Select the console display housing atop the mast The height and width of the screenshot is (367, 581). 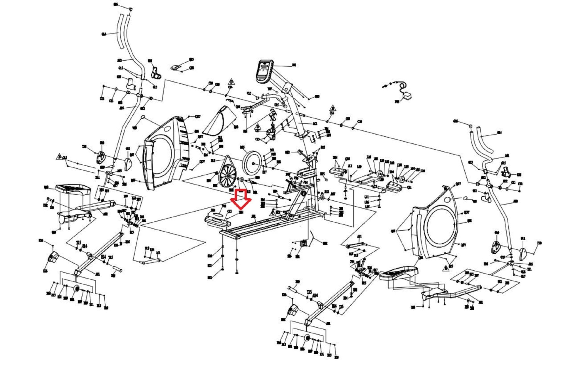pos(264,71)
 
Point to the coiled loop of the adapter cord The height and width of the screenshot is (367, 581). pos(403,86)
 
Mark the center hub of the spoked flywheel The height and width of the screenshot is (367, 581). pos(228,176)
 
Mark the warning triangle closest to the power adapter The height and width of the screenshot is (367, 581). pos(332,108)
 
